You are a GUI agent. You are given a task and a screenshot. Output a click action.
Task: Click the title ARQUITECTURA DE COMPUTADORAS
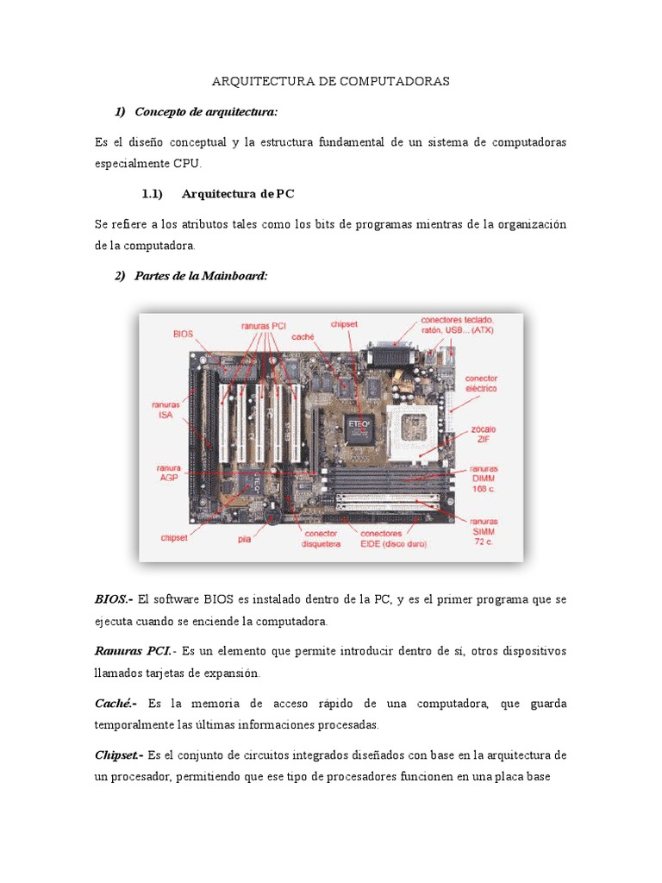(x=331, y=82)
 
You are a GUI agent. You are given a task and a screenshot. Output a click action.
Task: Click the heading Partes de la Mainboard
(x=201, y=275)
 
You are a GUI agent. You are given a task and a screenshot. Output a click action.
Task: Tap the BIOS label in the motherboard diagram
(x=183, y=332)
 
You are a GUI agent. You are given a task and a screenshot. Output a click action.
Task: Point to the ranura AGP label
(x=169, y=473)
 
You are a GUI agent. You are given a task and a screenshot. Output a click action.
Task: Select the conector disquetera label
(x=321, y=539)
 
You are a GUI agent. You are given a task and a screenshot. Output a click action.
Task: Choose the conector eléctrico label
(x=481, y=383)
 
